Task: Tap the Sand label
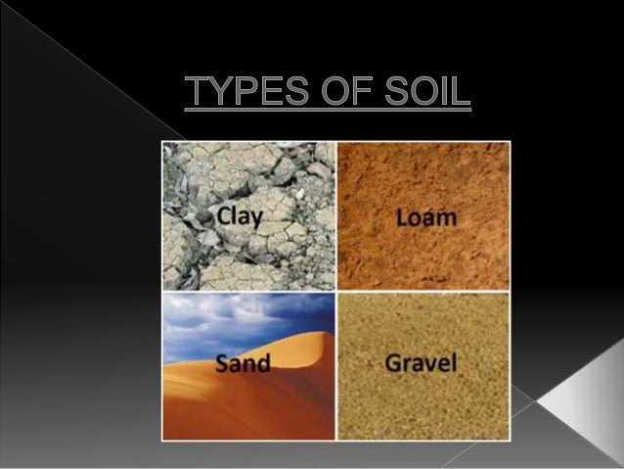point(243,366)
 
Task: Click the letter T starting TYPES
point(197,95)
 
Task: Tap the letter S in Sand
point(222,366)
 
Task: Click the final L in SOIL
point(462,95)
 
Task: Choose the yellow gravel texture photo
point(423,411)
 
